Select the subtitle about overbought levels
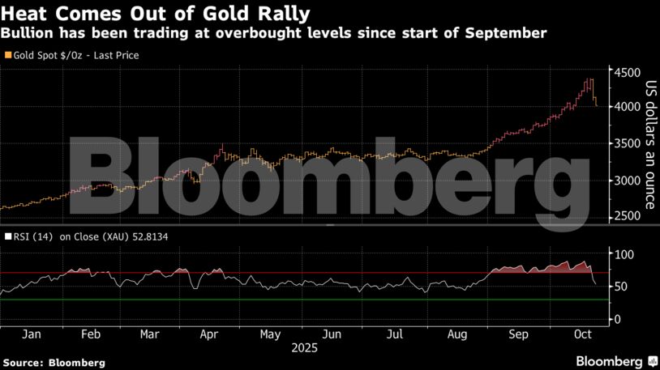(x=274, y=33)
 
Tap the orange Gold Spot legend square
(x=8, y=56)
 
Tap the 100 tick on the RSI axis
(x=623, y=255)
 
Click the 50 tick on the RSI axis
(x=619, y=287)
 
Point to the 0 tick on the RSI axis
(x=616, y=319)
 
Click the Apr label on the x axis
(x=209, y=334)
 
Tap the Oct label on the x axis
(x=580, y=334)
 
